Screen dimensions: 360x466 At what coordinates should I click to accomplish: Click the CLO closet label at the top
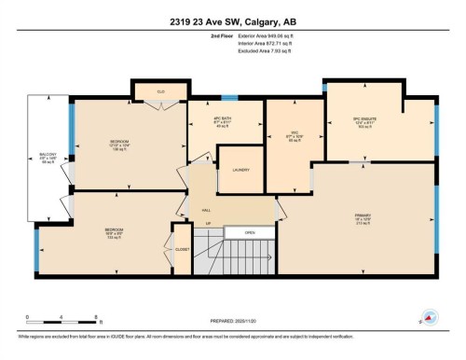160,91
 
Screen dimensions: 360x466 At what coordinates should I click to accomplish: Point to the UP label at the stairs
209,225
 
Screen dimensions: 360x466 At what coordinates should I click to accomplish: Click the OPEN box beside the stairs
250,230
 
